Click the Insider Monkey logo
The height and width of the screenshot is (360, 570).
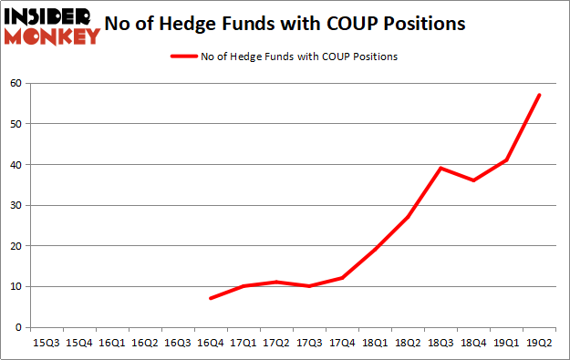tap(53, 26)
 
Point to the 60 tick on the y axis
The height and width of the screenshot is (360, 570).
tap(16, 84)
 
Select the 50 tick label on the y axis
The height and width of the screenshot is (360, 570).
tap(16, 124)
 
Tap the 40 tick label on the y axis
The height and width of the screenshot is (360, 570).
tap(16, 165)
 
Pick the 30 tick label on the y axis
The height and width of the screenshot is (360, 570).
tap(16, 205)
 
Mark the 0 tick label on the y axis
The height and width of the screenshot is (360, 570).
tap(18, 327)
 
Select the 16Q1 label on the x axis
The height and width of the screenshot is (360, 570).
tap(109, 343)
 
